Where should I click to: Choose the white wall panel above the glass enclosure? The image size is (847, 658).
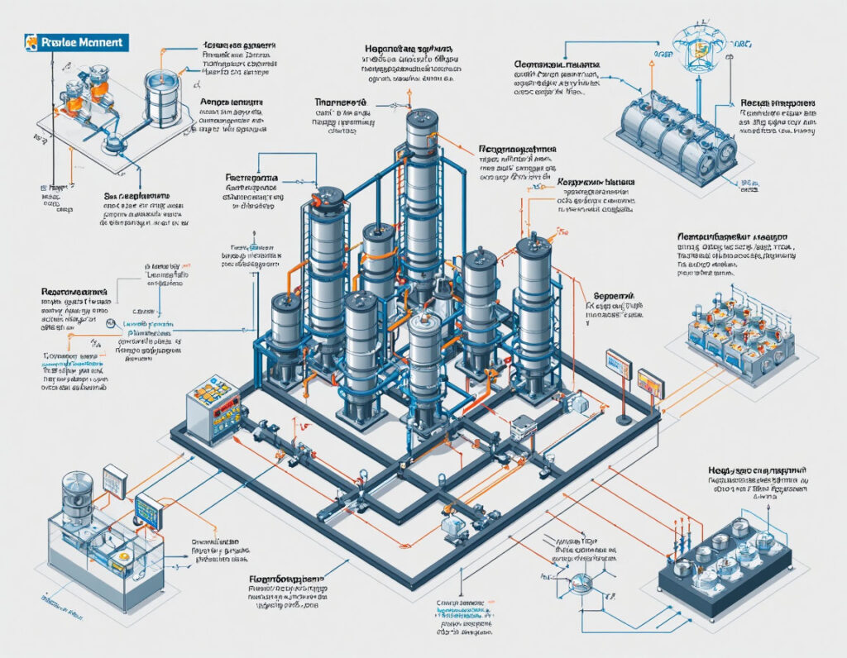[114, 479]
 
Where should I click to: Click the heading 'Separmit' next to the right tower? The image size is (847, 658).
[613, 295]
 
